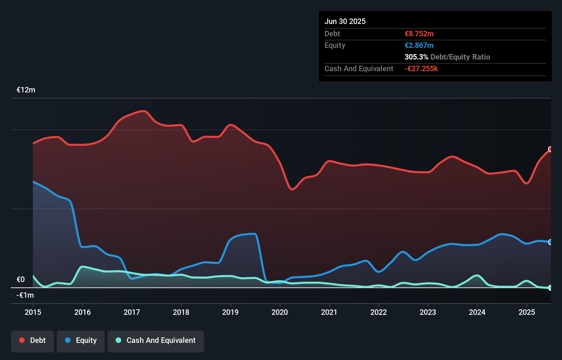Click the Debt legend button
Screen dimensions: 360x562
point(33,341)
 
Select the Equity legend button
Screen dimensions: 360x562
point(81,341)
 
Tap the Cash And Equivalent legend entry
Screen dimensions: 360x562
point(156,341)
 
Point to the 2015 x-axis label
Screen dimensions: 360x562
point(33,312)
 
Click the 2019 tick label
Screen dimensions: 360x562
point(230,312)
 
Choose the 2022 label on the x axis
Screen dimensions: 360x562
point(379,312)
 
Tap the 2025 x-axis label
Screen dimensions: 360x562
point(527,312)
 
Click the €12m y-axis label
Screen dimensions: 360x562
point(26,90)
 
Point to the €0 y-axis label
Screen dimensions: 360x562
point(21,280)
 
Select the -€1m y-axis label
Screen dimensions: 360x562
point(25,295)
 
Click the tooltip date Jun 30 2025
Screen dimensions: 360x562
point(345,22)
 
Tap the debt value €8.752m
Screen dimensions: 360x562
point(419,34)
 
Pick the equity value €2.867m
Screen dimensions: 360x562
point(419,46)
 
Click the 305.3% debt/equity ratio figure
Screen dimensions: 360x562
point(416,57)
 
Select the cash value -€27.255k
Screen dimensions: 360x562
point(421,69)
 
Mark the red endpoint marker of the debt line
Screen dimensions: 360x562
point(550,149)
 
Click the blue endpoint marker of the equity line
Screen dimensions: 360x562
point(550,242)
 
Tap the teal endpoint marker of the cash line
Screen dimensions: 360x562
point(550,288)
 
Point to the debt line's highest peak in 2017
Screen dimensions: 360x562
point(144,111)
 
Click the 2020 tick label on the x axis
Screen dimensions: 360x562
point(280,312)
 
